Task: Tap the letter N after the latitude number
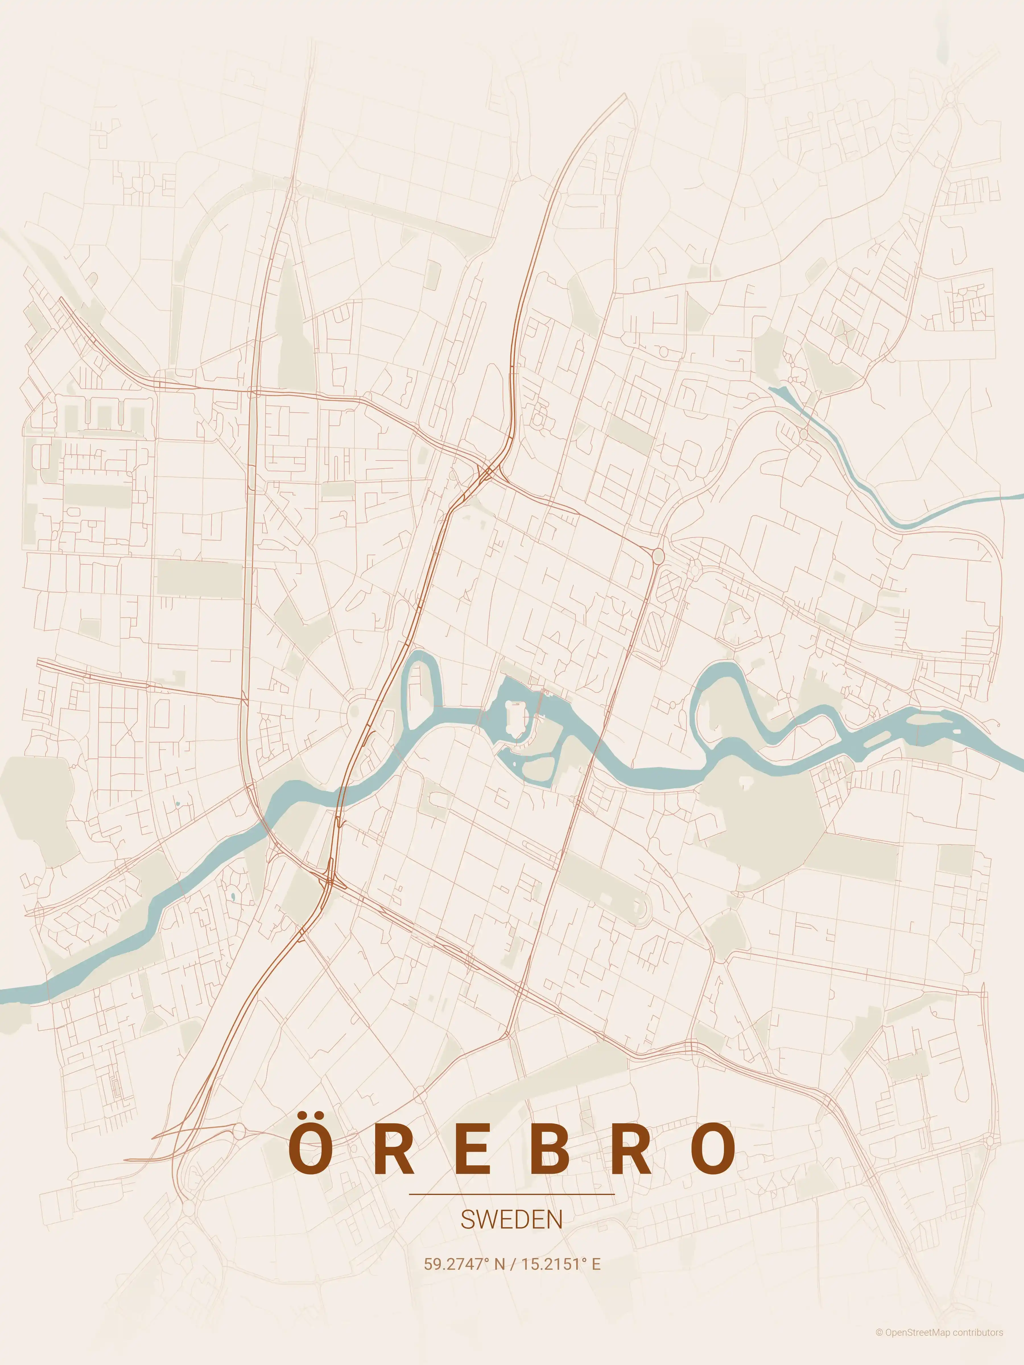coord(499,1264)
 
